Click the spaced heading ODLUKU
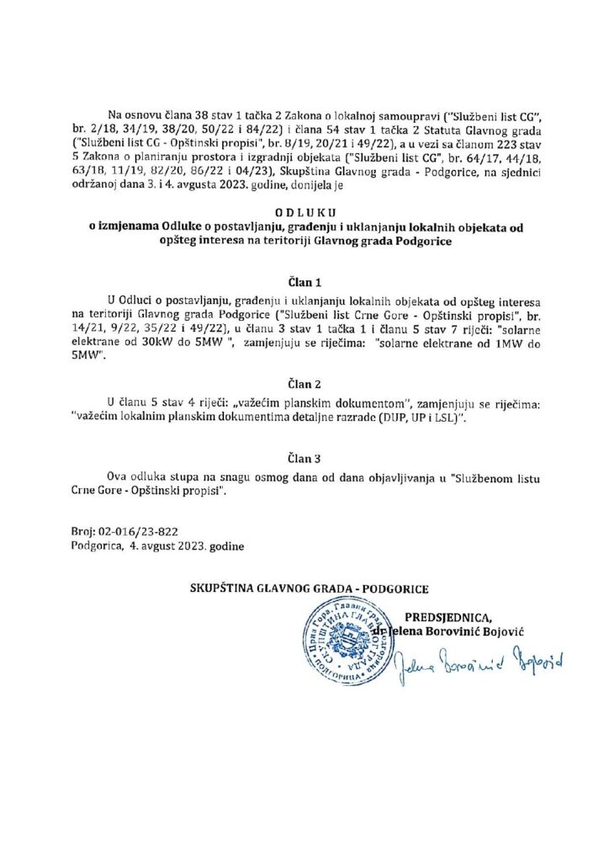click(305, 215)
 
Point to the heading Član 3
click(304, 460)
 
